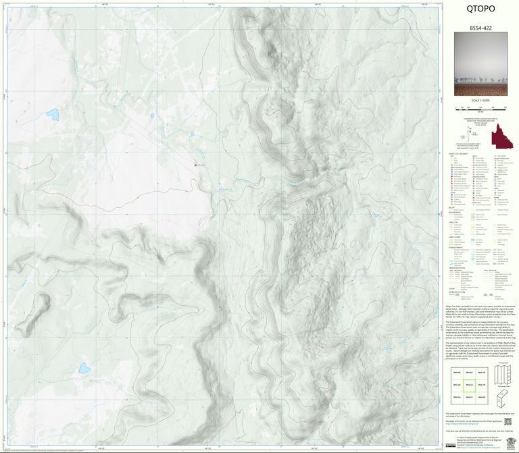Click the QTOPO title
(x=480, y=9)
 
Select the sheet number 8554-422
(x=480, y=28)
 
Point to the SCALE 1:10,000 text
(x=480, y=101)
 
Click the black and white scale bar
(x=480, y=107)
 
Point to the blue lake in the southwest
(x=84, y=368)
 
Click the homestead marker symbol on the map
(x=196, y=164)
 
